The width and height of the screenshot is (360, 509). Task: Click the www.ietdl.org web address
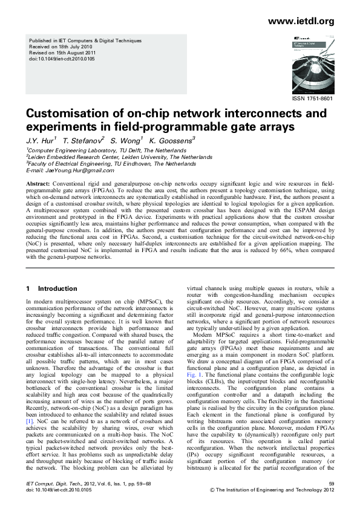click(301, 22)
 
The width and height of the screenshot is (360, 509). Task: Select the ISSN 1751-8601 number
click(313, 98)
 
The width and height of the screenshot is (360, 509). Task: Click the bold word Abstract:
click(38, 183)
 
